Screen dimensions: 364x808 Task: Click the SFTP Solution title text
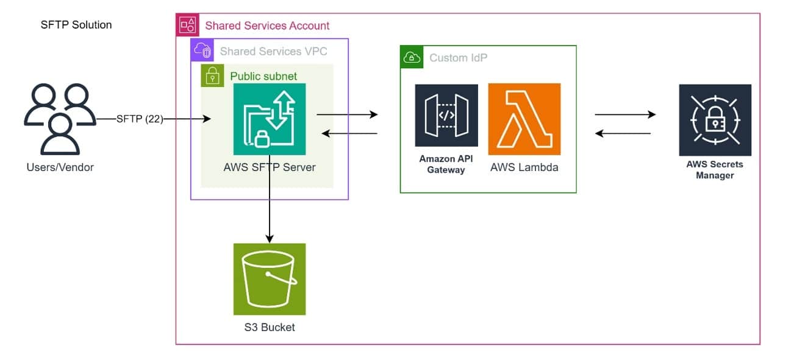[x=76, y=25]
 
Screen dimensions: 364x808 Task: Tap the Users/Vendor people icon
[x=59, y=119]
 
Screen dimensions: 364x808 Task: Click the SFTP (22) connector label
[x=140, y=119]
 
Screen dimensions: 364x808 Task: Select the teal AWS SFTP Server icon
[x=269, y=119]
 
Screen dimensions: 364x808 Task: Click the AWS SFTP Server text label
[x=269, y=167]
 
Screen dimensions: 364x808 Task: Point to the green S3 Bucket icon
[x=269, y=279]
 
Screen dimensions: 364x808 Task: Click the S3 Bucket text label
[x=269, y=327]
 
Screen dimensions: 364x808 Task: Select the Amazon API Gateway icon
[x=446, y=115]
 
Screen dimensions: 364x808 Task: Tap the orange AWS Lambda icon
[x=524, y=115]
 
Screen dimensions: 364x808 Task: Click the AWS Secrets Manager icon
[x=715, y=120]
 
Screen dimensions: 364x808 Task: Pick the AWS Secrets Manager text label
[x=715, y=170]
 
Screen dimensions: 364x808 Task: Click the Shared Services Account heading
[x=267, y=26]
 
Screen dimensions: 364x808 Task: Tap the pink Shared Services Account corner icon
[x=187, y=24]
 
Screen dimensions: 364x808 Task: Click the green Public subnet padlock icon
[x=212, y=75]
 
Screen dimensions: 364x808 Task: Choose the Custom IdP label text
[x=458, y=58]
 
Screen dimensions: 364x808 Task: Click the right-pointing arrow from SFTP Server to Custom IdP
[x=347, y=114]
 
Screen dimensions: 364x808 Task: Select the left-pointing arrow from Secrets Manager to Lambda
[x=623, y=133]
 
